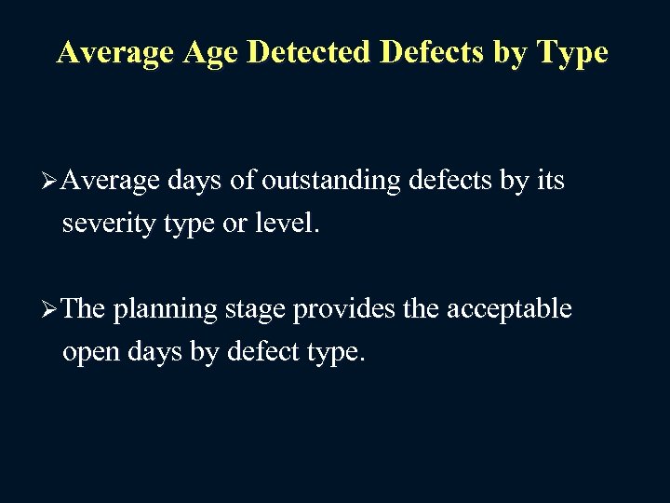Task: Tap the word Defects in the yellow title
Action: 432,52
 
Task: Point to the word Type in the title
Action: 570,52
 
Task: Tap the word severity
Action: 106,224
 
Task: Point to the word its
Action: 551,181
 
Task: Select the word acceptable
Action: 510,309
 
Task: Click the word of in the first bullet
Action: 242,181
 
